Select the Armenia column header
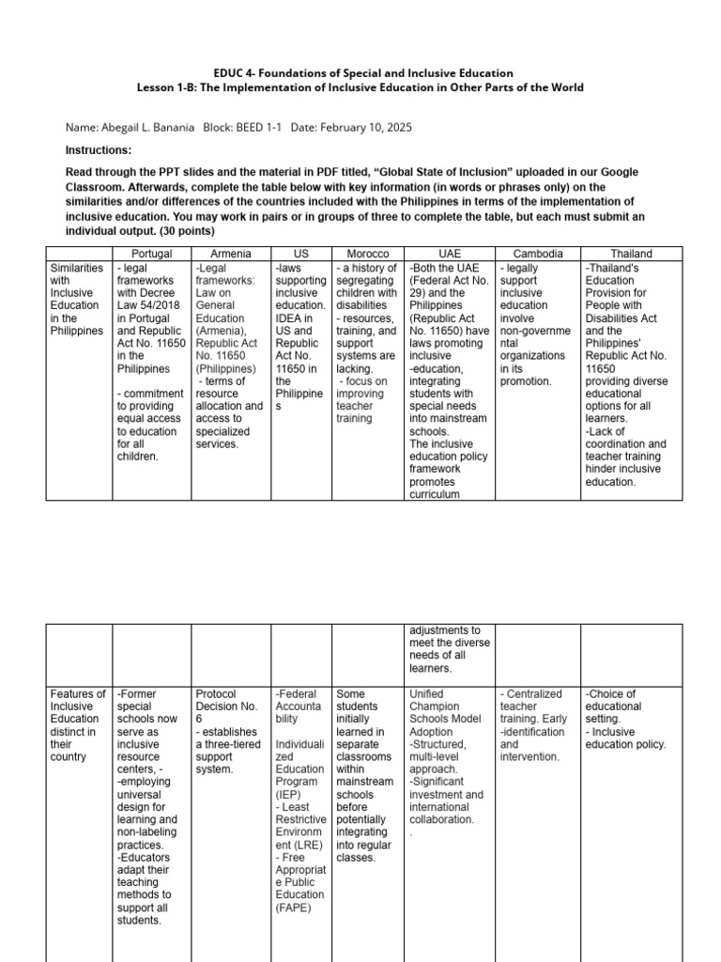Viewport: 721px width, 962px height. (229, 255)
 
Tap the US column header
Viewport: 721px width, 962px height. (300, 255)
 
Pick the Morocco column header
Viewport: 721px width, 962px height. (367, 255)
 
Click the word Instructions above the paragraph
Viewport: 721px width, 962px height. (99, 150)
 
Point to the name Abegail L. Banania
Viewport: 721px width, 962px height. (146, 127)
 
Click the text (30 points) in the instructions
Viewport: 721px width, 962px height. (188, 231)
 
